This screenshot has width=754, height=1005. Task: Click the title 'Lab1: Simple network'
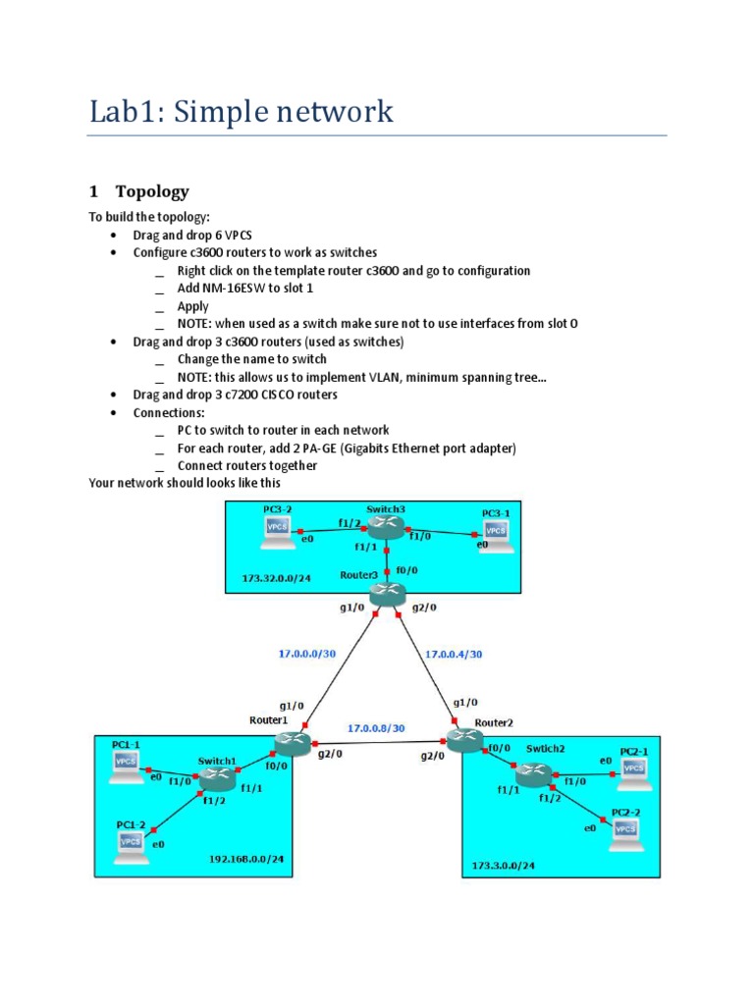click(242, 111)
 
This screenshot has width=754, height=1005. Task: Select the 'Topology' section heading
click(151, 191)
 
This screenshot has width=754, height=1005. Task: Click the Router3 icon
click(388, 593)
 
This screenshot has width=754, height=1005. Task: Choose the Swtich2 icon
click(535, 774)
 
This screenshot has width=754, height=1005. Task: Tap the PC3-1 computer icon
click(496, 533)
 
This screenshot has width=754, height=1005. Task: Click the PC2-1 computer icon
click(631, 769)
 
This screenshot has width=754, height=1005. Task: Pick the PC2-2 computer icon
click(624, 832)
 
